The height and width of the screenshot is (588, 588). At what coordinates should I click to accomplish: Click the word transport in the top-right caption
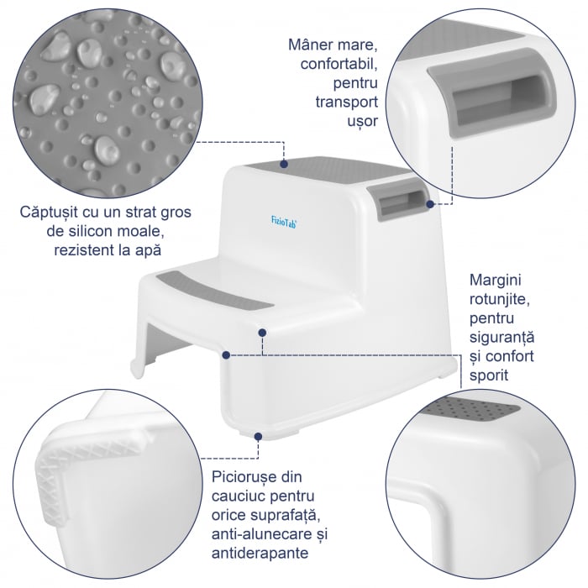click(344, 102)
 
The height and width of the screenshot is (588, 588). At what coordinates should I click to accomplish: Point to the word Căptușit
click(52, 212)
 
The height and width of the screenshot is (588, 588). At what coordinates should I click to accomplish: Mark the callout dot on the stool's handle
click(429, 203)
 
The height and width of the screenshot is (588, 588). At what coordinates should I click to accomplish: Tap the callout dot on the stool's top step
click(285, 161)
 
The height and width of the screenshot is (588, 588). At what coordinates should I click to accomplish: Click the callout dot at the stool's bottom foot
click(259, 436)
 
